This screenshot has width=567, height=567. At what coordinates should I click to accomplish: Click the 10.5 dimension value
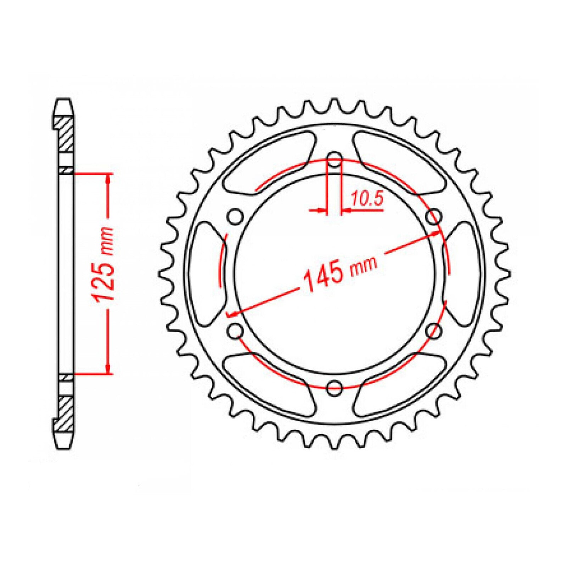(x=367, y=200)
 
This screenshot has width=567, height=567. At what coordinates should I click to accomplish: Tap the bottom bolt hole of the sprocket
(x=335, y=388)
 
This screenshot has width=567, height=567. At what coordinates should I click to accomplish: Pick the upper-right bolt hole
(x=434, y=216)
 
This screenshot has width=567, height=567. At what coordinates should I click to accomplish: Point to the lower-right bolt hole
(x=434, y=331)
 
